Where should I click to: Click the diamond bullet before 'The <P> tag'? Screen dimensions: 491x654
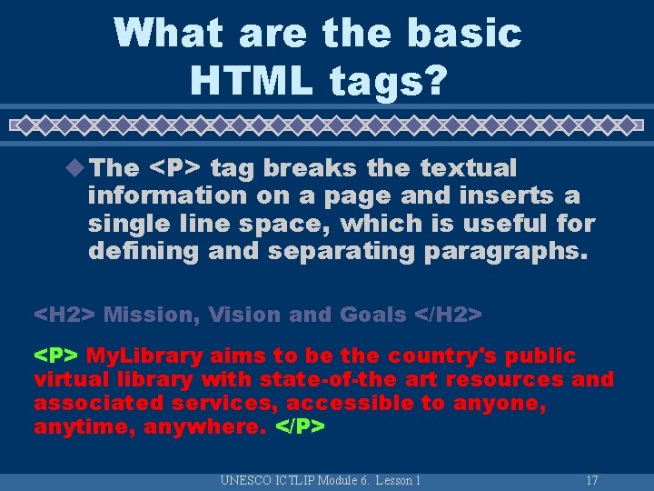tap(77, 167)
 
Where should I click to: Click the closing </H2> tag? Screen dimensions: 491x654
tap(448, 315)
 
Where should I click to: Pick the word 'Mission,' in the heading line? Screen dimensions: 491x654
tap(151, 315)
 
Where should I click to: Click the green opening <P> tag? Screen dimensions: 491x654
tap(57, 356)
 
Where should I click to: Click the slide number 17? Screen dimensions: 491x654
tap(591, 480)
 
